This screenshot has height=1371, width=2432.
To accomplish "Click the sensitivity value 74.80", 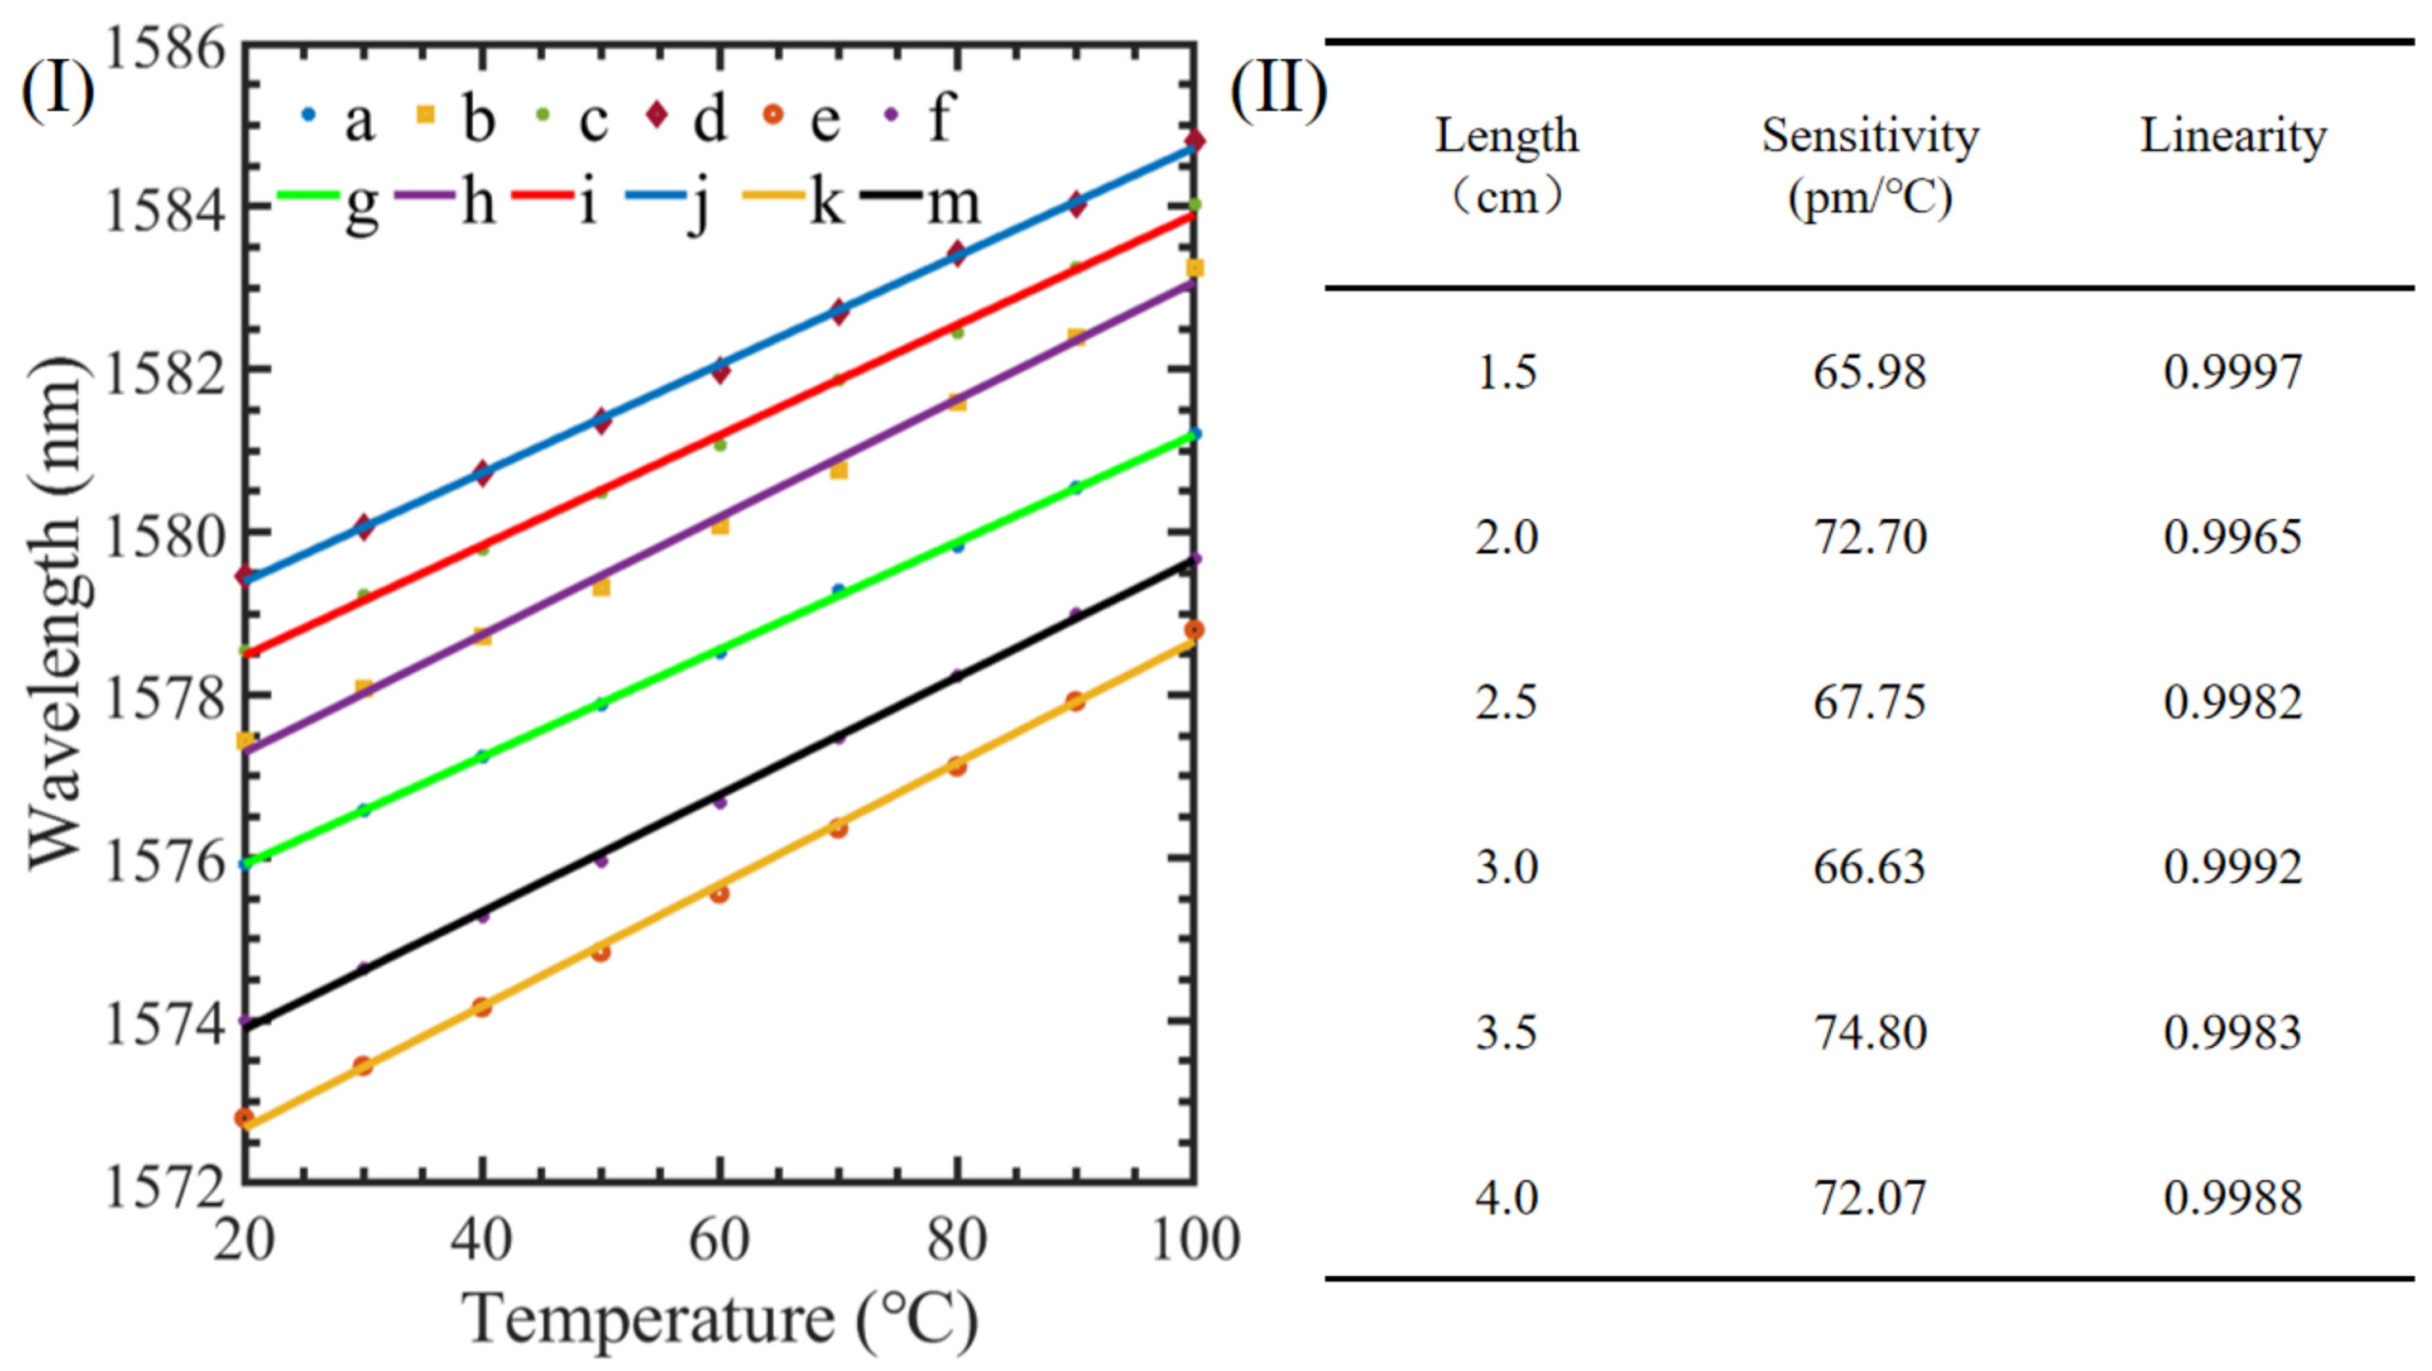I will (1868, 1032).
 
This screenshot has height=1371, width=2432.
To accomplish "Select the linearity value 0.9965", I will (2232, 537).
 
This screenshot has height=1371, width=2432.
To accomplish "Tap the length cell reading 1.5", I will (1506, 372).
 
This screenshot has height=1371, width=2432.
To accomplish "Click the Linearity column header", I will (2232, 136).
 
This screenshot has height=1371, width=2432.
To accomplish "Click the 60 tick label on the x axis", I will (719, 1240).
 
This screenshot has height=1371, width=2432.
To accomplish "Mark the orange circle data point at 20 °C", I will (244, 1118).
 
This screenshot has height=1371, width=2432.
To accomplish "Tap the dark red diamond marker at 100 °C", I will (1194, 141).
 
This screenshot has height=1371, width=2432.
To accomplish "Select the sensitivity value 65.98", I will (1868, 372).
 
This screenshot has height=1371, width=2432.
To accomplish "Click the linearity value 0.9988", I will (2232, 1197).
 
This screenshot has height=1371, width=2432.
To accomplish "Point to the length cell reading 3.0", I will (1506, 867).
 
